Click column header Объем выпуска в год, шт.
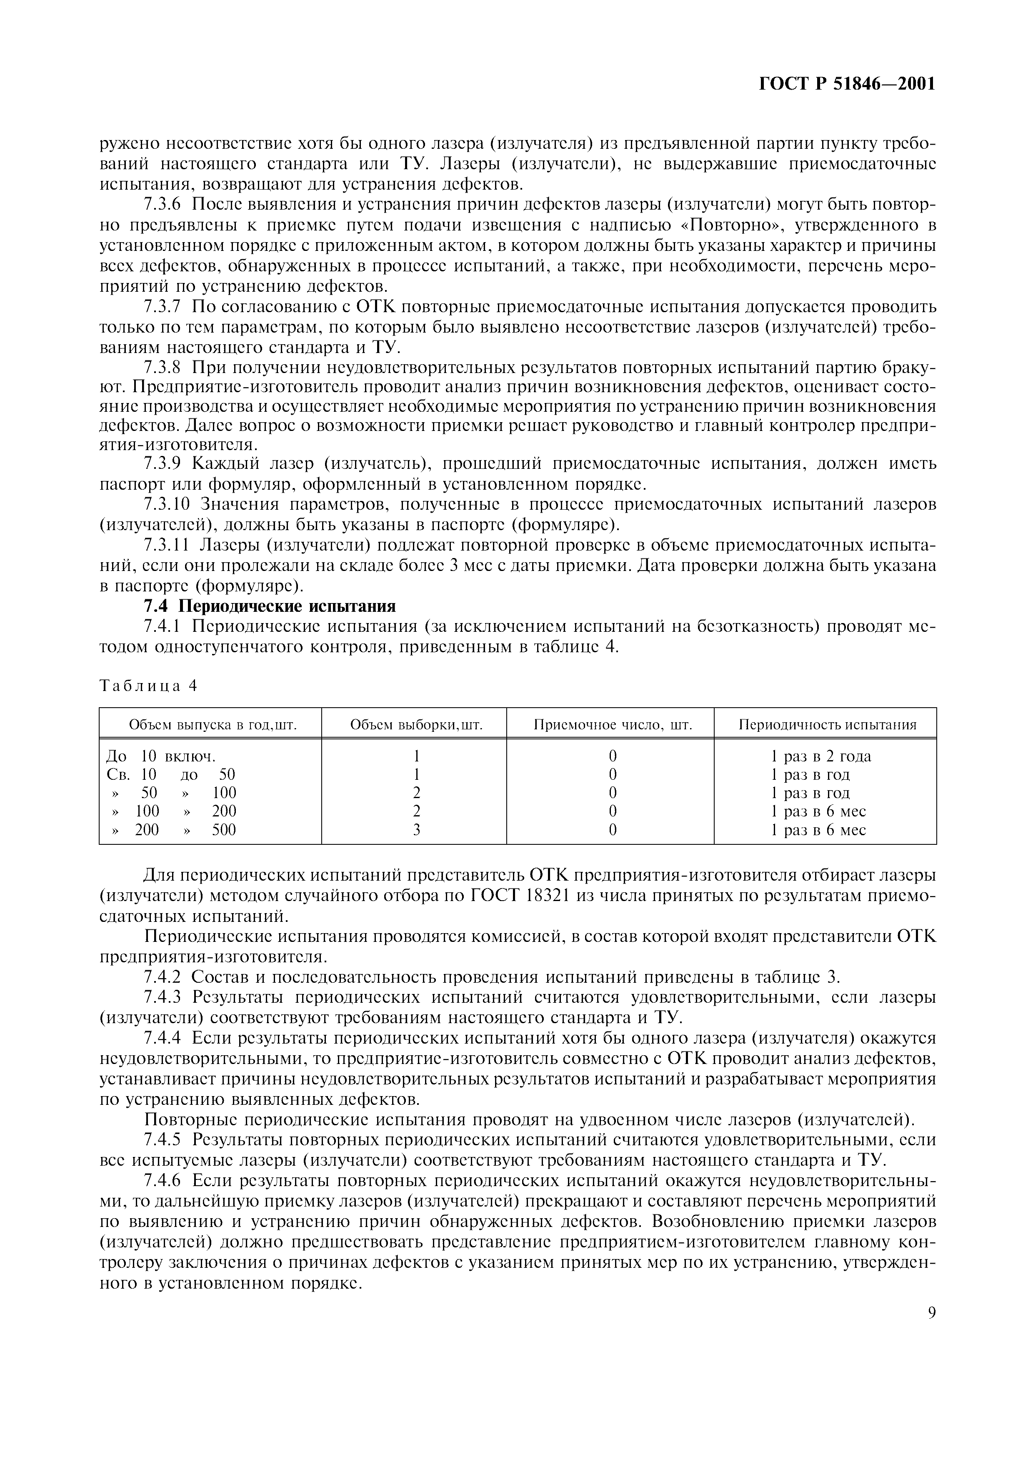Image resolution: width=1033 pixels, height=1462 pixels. coord(213,725)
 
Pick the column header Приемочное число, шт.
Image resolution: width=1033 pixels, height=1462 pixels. coord(612,725)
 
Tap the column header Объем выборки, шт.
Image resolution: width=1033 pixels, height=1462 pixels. coord(416,725)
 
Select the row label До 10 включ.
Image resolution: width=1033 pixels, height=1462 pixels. coord(160,756)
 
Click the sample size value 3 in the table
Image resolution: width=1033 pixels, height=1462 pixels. coord(416,830)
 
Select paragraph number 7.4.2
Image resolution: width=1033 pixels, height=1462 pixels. coord(163,977)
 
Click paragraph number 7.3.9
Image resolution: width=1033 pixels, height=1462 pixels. coord(163,463)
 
